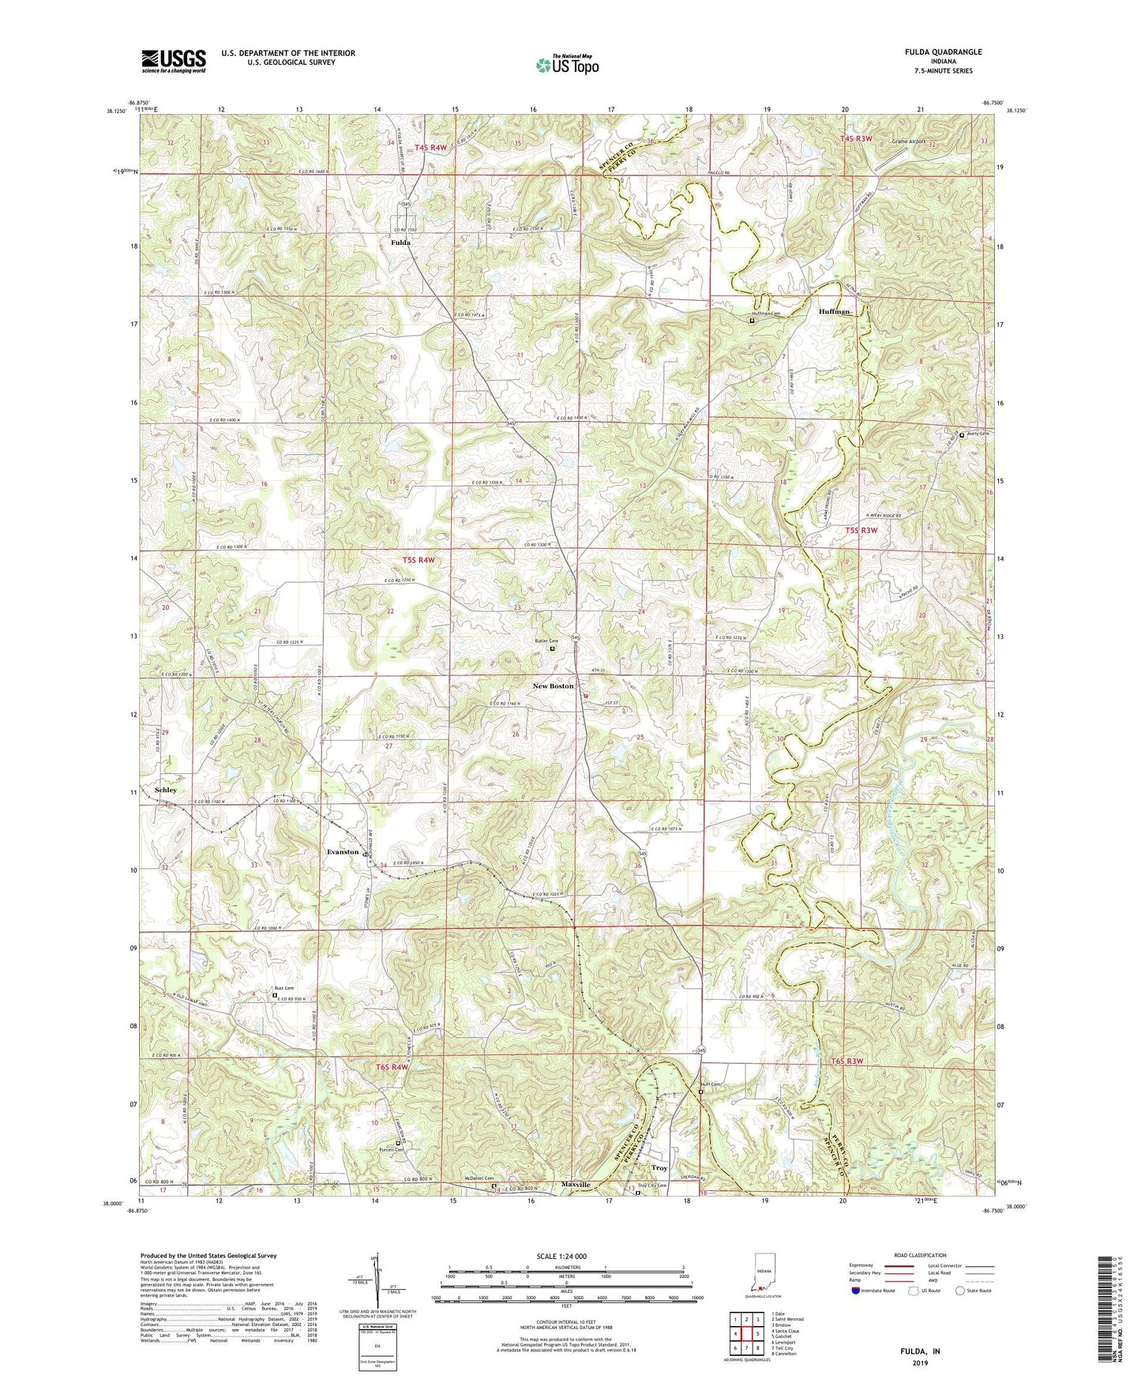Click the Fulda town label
click(400, 243)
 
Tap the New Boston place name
click(553, 686)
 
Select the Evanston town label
click(343, 852)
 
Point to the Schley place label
click(166, 790)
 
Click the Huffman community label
click(835, 311)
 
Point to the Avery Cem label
click(978, 434)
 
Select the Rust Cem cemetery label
click(283, 989)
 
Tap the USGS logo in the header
click(174, 60)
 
